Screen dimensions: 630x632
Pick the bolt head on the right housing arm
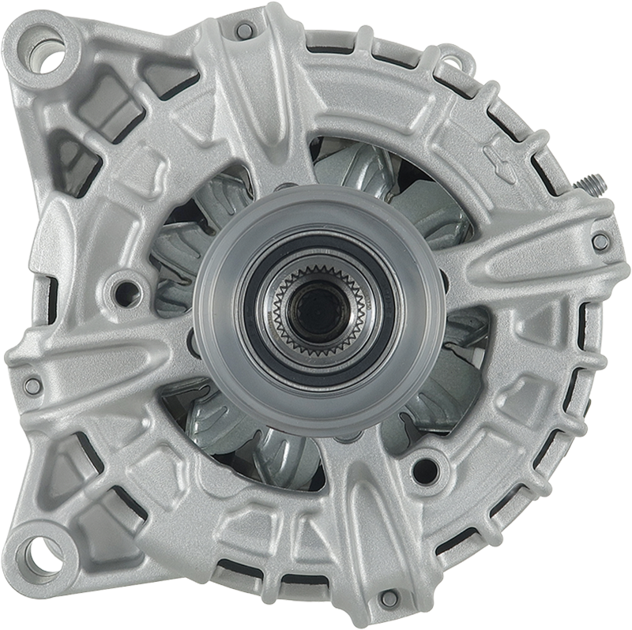[600, 242]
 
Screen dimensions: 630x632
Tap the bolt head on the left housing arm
[32, 384]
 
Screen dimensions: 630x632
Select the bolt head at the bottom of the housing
[387, 598]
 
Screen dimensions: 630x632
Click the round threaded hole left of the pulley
[124, 290]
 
